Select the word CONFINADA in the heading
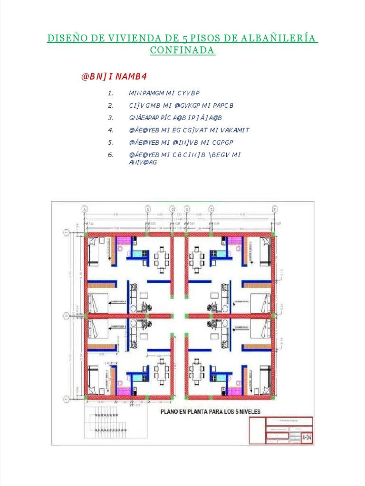click(x=182, y=50)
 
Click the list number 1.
click(x=110, y=93)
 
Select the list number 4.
click(x=110, y=130)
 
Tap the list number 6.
click(x=110, y=155)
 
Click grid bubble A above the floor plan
click(x=85, y=209)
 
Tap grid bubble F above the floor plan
click(x=274, y=209)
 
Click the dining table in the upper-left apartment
click(x=162, y=259)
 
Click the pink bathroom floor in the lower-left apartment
click(x=124, y=391)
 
